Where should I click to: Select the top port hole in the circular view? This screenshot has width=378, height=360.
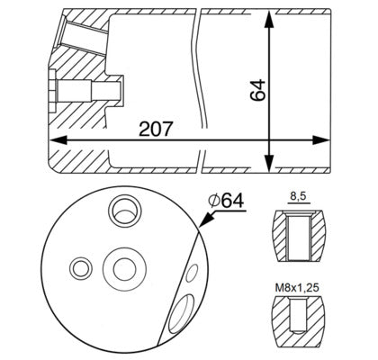[121, 211]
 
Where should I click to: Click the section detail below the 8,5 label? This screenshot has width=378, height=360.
[298, 231]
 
